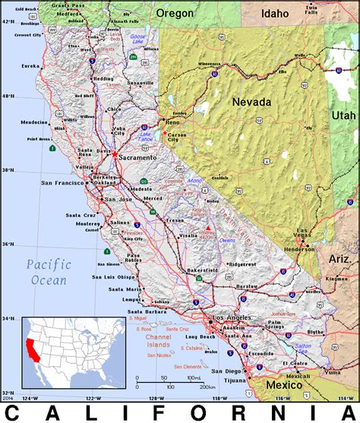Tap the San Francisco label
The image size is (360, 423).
(x=63, y=183)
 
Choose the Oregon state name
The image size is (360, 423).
(x=175, y=13)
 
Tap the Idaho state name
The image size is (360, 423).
(x=275, y=13)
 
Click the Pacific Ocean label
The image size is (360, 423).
(x=47, y=272)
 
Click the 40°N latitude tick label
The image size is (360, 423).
(x=8, y=96)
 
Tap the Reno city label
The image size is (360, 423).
(x=173, y=122)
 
